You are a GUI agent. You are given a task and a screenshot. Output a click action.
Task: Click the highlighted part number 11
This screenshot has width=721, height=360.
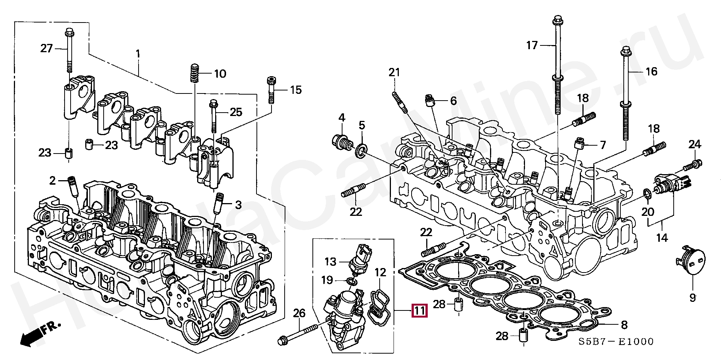[x=419, y=311]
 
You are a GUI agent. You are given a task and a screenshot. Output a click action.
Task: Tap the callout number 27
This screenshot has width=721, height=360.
[x=47, y=48]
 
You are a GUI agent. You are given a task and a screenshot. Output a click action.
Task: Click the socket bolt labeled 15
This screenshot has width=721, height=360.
[x=271, y=90]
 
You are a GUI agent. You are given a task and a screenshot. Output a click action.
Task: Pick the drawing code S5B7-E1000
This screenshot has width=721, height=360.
[x=615, y=342]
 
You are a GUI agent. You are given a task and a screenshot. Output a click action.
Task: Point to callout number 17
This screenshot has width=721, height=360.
[x=532, y=45]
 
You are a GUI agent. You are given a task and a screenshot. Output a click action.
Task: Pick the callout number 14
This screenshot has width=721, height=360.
[x=662, y=238]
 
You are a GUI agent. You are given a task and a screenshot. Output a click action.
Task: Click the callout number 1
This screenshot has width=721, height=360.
[x=138, y=54]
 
